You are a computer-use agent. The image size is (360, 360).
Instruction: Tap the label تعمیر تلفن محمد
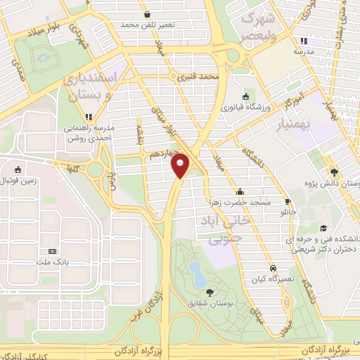pos(146,25)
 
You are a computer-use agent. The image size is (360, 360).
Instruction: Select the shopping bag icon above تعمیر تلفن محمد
pos(146,14)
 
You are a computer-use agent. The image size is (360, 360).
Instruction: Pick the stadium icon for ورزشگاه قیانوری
pos(245,97)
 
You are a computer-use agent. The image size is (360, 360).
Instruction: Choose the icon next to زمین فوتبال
pos(18,169)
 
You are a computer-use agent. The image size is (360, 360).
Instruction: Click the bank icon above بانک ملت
pos(52,251)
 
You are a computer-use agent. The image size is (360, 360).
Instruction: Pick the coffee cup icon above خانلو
pos(287,200)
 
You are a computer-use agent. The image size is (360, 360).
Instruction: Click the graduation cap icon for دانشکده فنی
pos(323,228)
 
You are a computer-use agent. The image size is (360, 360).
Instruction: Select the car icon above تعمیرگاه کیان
pos(272,268)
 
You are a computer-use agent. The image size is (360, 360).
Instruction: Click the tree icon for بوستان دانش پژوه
pos(333,172)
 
